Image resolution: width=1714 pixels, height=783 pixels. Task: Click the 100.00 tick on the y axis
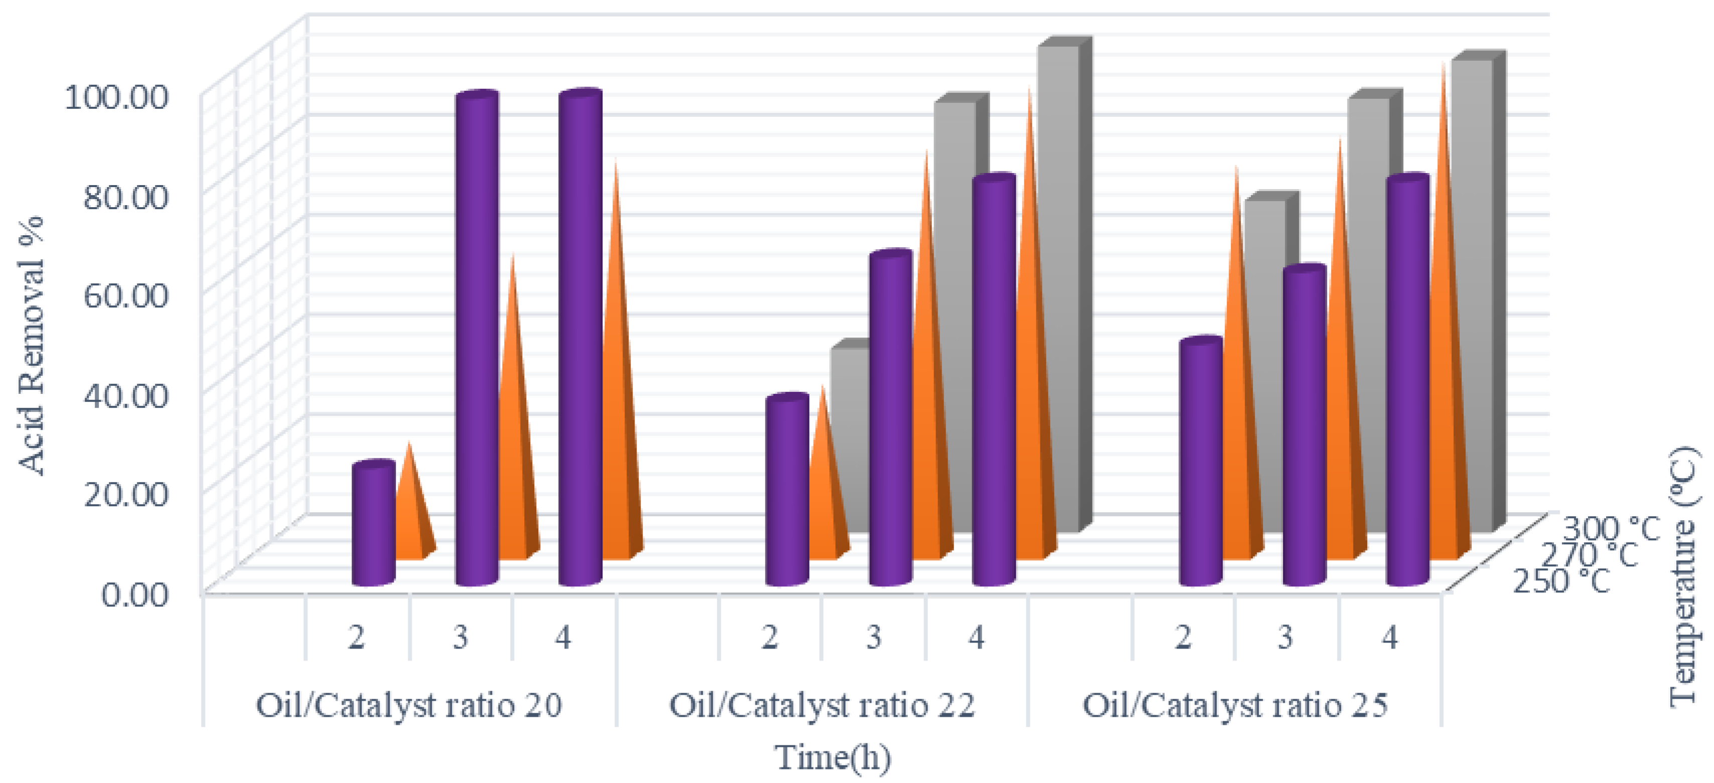click(x=115, y=98)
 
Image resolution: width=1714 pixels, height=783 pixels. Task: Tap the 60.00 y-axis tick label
click(x=124, y=295)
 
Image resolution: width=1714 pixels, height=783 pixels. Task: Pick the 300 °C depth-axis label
click(x=1611, y=529)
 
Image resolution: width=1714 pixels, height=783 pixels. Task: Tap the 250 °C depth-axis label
click(x=1561, y=581)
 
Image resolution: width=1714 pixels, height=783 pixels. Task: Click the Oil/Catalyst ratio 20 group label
click(x=408, y=705)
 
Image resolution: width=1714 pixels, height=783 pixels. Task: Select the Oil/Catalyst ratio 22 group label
click(x=822, y=705)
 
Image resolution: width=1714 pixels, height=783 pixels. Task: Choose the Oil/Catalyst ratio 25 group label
click(x=1235, y=705)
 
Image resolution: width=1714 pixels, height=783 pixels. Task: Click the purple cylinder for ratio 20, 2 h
click(x=373, y=526)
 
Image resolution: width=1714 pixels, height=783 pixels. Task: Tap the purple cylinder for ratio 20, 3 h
click(x=477, y=339)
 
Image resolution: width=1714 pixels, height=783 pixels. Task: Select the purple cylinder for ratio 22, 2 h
click(x=787, y=492)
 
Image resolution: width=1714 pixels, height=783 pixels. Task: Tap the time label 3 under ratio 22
click(x=873, y=638)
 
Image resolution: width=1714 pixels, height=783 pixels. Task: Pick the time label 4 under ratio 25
click(x=1389, y=638)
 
